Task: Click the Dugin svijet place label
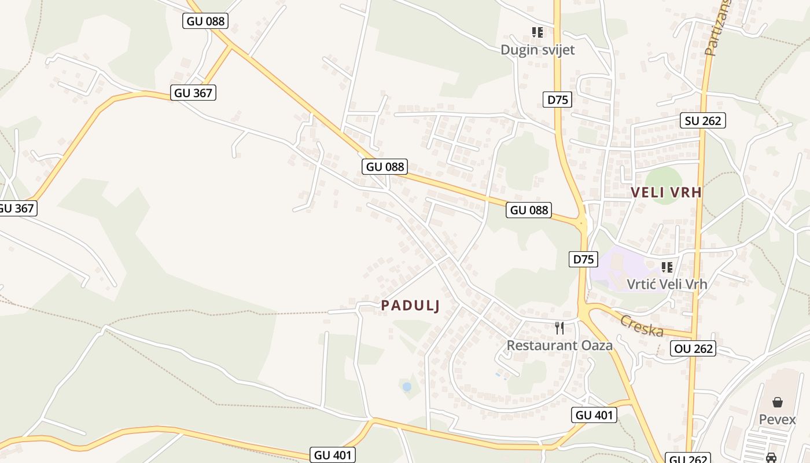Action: click(x=537, y=50)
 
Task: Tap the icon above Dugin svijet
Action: click(x=537, y=32)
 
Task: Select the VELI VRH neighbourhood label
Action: click(x=666, y=193)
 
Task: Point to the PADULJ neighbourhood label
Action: click(x=411, y=306)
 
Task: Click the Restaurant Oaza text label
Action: click(x=559, y=346)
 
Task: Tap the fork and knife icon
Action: click(x=559, y=328)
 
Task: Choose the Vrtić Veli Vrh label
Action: click(x=667, y=284)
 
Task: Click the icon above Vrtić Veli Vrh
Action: click(x=667, y=267)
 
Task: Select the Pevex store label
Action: click(x=778, y=419)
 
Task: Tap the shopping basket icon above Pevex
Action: click(x=778, y=402)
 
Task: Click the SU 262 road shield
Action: click(x=703, y=120)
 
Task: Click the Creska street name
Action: click(x=641, y=326)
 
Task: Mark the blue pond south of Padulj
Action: click(x=407, y=386)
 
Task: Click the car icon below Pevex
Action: click(x=771, y=458)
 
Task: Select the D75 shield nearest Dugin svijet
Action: click(x=558, y=100)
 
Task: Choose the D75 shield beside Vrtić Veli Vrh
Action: click(x=583, y=259)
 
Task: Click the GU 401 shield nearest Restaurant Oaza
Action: click(x=594, y=414)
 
